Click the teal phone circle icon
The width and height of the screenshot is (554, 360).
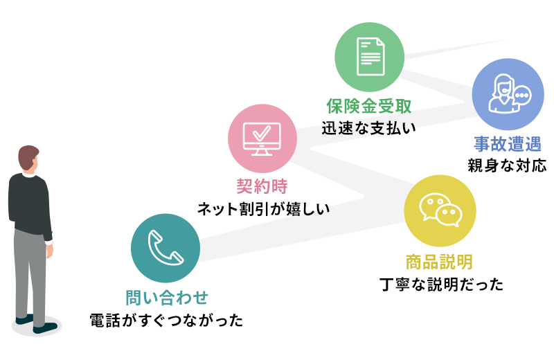point(166,248)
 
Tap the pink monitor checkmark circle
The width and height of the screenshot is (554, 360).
point(262,138)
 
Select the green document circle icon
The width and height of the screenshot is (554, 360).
point(370,57)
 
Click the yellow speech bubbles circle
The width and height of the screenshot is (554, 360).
point(440,210)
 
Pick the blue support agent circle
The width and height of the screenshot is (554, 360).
point(508,94)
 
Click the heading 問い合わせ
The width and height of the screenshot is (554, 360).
point(167,298)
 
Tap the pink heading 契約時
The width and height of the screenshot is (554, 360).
point(262,186)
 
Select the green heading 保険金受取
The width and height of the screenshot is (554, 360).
point(369,106)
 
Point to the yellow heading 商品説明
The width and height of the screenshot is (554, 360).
point(439,262)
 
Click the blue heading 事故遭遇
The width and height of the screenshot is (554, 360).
point(508,144)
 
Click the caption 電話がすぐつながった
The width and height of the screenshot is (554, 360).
point(166,321)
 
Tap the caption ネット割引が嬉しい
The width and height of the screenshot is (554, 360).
point(264,209)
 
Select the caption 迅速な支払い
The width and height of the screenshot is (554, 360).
point(369,128)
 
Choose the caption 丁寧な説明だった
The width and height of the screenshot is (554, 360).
point(442,285)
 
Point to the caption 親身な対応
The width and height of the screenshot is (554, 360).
point(508,165)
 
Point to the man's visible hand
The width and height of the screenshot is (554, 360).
point(49,250)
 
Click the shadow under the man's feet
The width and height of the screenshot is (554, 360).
point(37,326)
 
